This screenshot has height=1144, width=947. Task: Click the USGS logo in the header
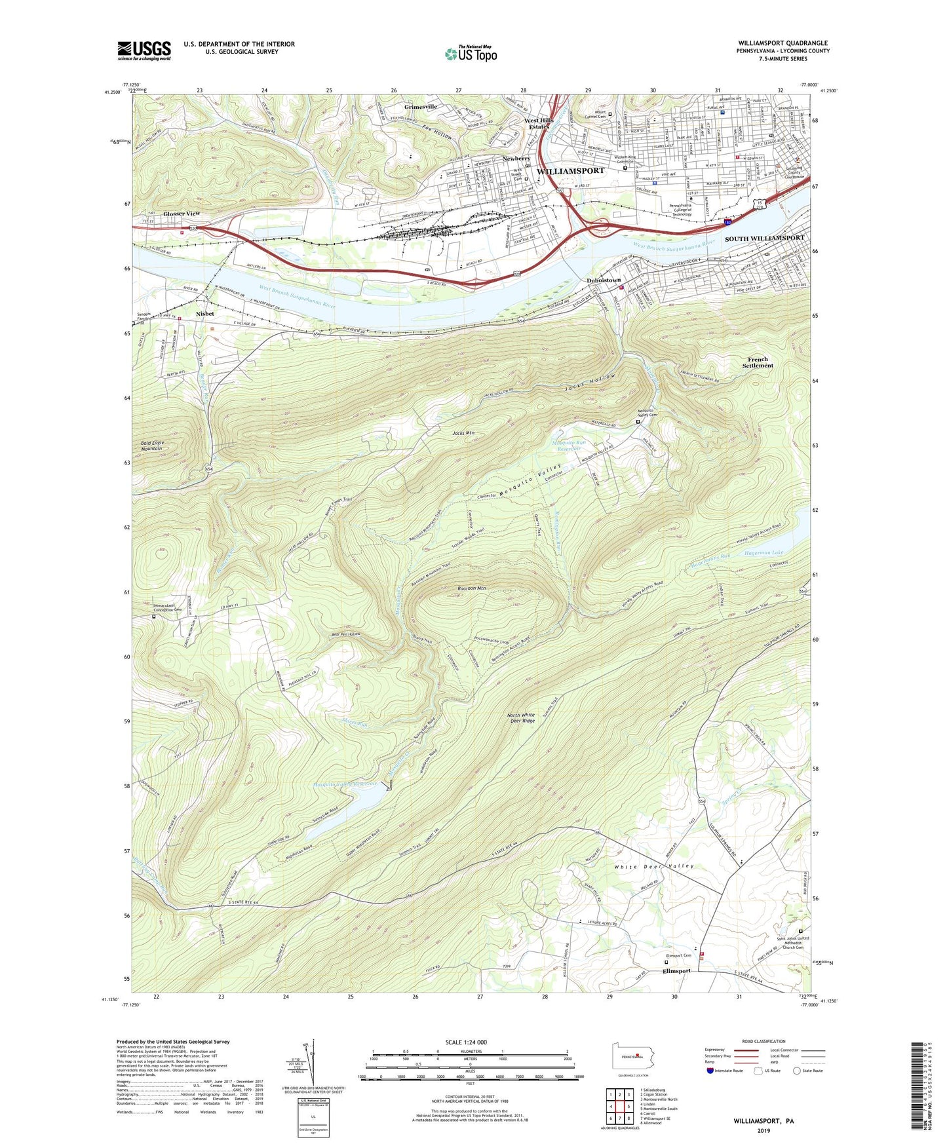tap(144, 50)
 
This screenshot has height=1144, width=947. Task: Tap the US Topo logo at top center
tap(471, 54)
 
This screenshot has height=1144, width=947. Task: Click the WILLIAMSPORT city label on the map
tap(570, 170)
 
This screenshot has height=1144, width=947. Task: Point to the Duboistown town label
tap(603, 280)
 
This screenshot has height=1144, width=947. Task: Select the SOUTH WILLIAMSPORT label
tap(764, 238)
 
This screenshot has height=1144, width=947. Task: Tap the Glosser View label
tap(182, 214)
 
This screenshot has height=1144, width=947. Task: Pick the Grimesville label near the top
tap(421, 106)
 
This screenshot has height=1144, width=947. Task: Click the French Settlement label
tap(758, 362)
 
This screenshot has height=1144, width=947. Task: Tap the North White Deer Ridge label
tap(521, 717)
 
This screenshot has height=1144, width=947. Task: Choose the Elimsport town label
tap(677, 971)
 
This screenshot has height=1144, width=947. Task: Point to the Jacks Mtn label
tap(463, 433)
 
